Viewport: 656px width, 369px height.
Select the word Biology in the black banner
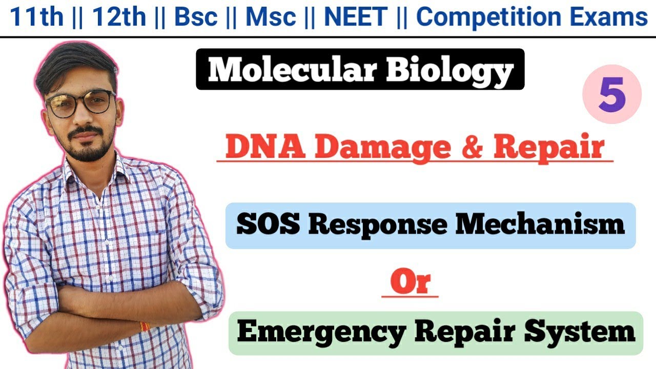click(x=449, y=70)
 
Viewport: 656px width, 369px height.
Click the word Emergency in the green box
click(x=321, y=333)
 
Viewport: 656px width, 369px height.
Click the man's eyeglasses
click(x=80, y=103)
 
